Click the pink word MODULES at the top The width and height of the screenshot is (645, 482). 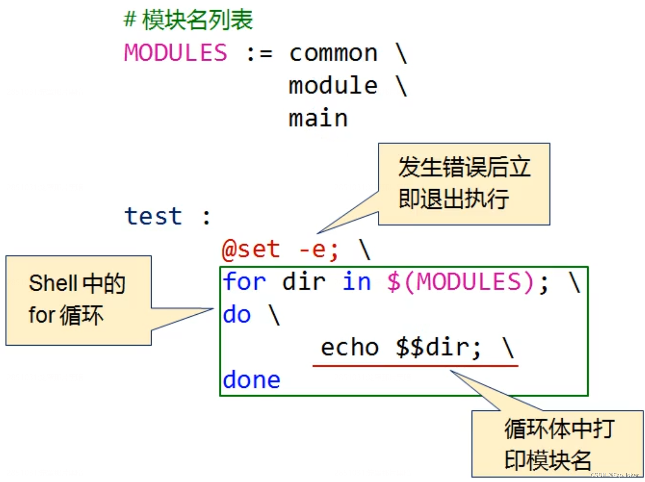(175, 53)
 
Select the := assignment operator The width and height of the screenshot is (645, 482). (259, 54)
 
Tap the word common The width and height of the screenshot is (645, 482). (333, 54)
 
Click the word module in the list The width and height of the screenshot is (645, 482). (333, 86)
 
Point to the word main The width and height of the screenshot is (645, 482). (318, 119)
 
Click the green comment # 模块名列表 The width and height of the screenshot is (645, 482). (188, 20)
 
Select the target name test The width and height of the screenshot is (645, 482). (153, 216)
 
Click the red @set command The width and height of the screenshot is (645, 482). (251, 249)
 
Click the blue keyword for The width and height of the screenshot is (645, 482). (244, 281)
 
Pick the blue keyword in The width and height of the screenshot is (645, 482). (357, 281)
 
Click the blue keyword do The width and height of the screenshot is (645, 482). (237, 315)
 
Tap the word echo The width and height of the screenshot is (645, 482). (350, 348)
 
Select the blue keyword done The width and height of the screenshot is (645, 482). (251, 380)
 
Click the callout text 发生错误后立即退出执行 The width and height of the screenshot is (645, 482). (464, 184)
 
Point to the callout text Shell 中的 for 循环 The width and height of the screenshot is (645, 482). (77, 300)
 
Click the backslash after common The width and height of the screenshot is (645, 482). (401, 54)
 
